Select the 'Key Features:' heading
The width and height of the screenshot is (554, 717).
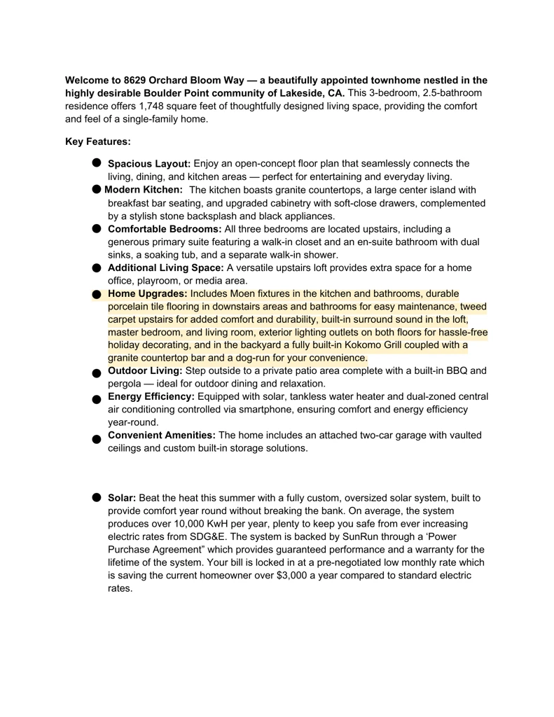click(98, 141)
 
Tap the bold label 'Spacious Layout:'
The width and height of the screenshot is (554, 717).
click(149, 164)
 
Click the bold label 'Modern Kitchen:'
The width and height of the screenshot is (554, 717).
click(144, 190)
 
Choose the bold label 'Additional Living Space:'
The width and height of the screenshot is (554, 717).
click(166, 268)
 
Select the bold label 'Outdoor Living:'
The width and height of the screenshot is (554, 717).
click(145, 370)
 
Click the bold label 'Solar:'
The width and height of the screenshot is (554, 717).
click(122, 498)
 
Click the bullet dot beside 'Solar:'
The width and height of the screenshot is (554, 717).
click(97, 497)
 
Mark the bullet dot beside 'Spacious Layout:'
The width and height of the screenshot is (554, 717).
click(97, 162)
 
